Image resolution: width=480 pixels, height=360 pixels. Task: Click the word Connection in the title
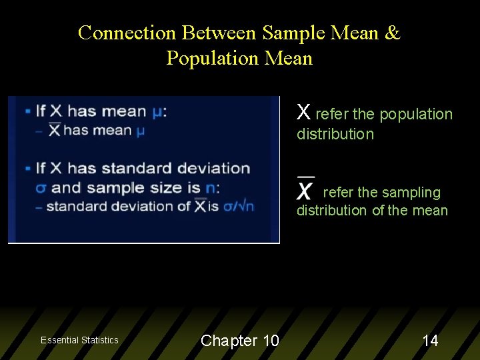[127, 33]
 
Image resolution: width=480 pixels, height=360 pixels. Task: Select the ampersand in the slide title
[392, 33]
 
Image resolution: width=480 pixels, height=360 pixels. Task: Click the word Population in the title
[213, 58]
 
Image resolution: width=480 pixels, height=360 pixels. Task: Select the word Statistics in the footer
[100, 340]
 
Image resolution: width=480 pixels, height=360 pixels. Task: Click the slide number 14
[431, 341]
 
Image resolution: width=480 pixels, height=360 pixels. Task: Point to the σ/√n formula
[239, 206]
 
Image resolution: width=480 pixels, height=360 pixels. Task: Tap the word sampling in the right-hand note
[411, 193]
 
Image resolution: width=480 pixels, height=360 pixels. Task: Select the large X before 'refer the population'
[303, 112]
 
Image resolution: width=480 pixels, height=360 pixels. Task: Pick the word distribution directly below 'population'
[335, 134]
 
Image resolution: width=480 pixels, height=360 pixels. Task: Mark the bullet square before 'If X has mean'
[27, 111]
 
